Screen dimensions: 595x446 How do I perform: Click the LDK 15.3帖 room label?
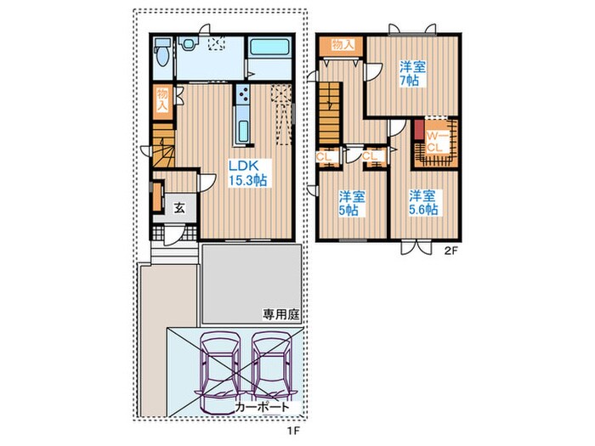(x=247, y=173)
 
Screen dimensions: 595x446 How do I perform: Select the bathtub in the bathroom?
(x=269, y=48)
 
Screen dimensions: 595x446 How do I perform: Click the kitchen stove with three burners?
(x=243, y=94)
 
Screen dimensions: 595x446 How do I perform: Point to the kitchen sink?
(x=242, y=131)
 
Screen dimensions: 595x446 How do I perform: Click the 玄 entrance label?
(x=179, y=207)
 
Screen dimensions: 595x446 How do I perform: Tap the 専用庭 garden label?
(x=281, y=314)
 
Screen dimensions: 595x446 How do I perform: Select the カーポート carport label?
(x=262, y=407)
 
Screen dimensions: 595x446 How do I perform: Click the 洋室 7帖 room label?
(x=412, y=74)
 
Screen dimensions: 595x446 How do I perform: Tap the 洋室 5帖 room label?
(x=352, y=203)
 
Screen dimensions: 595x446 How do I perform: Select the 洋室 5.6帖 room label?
(x=422, y=202)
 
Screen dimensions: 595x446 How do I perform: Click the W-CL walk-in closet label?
(x=435, y=142)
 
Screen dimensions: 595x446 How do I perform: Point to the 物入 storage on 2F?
(x=342, y=45)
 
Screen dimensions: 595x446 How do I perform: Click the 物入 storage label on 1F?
(x=162, y=100)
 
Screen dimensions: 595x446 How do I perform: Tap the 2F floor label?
(x=449, y=251)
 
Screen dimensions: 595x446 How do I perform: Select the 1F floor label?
(x=293, y=431)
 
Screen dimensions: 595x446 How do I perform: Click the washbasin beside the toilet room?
(x=188, y=43)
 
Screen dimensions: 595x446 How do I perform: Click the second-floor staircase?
(x=329, y=113)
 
